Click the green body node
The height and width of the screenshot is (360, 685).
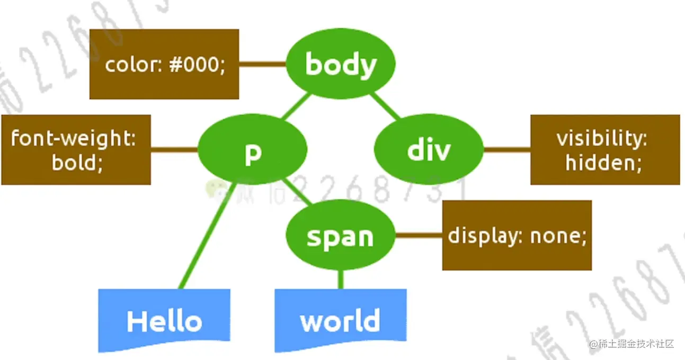341,65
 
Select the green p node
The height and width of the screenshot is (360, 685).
253,150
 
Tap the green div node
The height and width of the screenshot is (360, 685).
429,150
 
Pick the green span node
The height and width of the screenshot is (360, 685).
341,236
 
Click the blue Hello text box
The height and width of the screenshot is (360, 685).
164,321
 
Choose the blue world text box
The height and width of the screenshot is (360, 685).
340,321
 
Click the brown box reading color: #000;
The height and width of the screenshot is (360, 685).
164,65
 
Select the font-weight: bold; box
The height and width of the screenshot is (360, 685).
76,150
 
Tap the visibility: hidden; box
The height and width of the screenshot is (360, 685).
604,150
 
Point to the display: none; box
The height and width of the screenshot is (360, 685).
517,236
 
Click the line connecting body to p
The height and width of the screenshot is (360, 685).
295,107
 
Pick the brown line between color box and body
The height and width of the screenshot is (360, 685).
262,65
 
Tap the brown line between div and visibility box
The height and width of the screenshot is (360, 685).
506,150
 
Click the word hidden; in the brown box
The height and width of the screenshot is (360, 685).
603,163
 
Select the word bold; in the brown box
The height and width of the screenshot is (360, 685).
77,163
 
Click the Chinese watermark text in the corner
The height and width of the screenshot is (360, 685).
631,344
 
